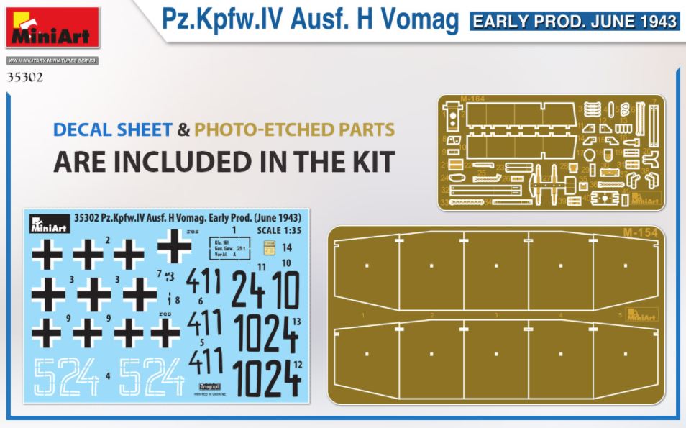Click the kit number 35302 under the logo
(24, 76)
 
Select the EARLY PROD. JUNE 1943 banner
(574, 22)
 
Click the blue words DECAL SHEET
(112, 130)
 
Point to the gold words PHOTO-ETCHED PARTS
(294, 130)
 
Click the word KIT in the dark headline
(368, 162)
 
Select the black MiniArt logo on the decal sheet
(49, 223)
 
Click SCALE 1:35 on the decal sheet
(279, 230)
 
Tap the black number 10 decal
(286, 291)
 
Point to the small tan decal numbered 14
(269, 250)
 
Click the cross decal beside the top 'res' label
(175, 247)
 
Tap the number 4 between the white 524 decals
(108, 375)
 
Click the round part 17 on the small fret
(589, 153)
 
